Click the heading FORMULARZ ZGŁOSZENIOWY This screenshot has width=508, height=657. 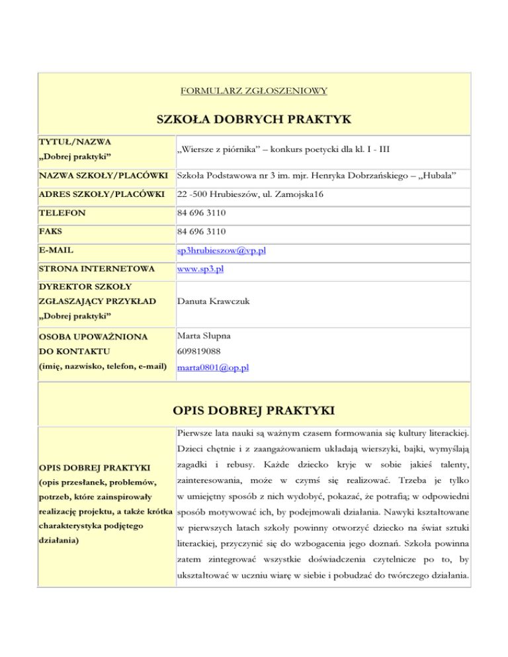coord(253,90)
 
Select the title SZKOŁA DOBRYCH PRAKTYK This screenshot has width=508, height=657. coord(253,119)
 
